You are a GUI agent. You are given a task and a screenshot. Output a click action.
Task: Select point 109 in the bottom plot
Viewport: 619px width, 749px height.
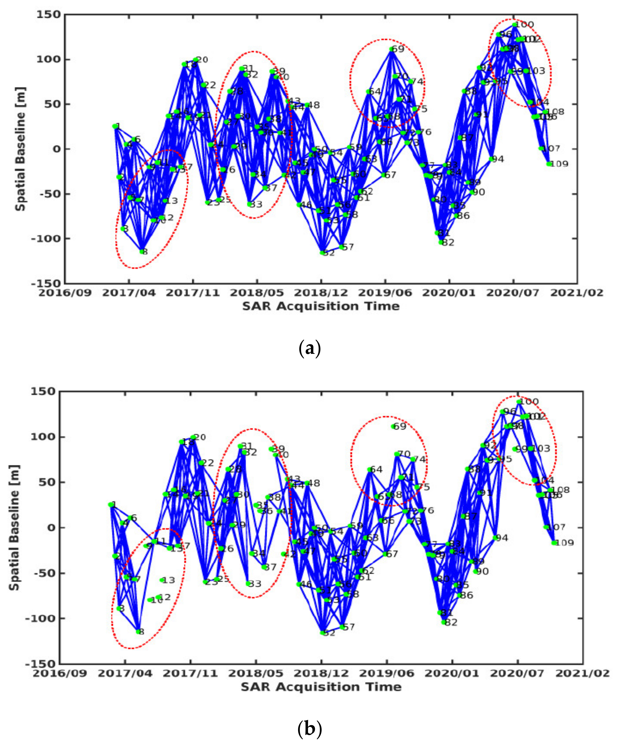tap(554, 543)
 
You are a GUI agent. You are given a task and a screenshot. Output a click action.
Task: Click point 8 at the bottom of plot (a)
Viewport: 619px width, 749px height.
tap(142, 251)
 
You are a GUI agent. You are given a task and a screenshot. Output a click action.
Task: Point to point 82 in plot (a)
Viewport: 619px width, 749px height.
tap(441, 242)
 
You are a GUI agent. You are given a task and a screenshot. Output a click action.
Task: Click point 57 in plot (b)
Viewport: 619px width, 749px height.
tap(342, 627)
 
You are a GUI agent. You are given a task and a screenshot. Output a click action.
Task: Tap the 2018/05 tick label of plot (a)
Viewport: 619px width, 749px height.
tap(257, 293)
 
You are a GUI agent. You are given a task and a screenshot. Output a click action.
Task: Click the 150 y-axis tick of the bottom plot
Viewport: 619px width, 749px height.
tap(43, 392)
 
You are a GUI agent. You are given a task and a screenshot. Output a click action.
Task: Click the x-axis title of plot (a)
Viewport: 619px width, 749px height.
tap(321, 306)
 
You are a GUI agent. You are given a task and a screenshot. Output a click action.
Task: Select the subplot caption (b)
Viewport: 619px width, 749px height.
tap(309, 729)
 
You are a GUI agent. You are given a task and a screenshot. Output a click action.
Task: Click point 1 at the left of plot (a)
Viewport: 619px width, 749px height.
tap(115, 126)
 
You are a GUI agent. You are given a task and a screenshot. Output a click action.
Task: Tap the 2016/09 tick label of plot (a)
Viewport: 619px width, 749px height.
tap(65, 293)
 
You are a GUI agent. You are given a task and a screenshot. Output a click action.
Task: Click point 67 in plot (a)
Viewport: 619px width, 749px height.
tap(384, 175)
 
